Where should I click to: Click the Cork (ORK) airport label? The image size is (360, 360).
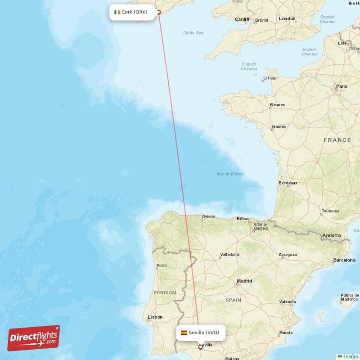(x=134, y=12)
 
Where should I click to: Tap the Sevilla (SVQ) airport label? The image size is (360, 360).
(x=203, y=333)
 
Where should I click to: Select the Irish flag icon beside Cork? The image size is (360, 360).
(x=117, y=12)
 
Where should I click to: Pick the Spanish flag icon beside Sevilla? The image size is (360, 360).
(x=184, y=333)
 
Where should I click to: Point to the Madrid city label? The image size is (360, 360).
(x=244, y=281)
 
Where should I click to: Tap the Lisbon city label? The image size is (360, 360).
(x=155, y=317)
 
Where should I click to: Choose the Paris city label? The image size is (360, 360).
(x=342, y=86)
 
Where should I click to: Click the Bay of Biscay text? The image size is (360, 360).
(x=230, y=174)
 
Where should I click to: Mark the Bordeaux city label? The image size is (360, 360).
(x=288, y=183)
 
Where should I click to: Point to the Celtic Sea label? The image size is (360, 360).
(x=193, y=33)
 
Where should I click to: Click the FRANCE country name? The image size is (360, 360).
(x=337, y=140)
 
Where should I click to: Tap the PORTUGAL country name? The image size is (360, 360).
(x=166, y=292)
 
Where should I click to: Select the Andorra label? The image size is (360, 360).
(x=332, y=235)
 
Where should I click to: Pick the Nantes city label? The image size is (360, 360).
(x=279, y=127)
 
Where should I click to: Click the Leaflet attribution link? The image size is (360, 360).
(x=350, y=356)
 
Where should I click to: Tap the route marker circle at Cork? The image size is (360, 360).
(x=158, y=13)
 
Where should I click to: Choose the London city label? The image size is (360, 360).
(x=287, y=19)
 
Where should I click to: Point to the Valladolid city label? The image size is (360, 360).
(x=229, y=255)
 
